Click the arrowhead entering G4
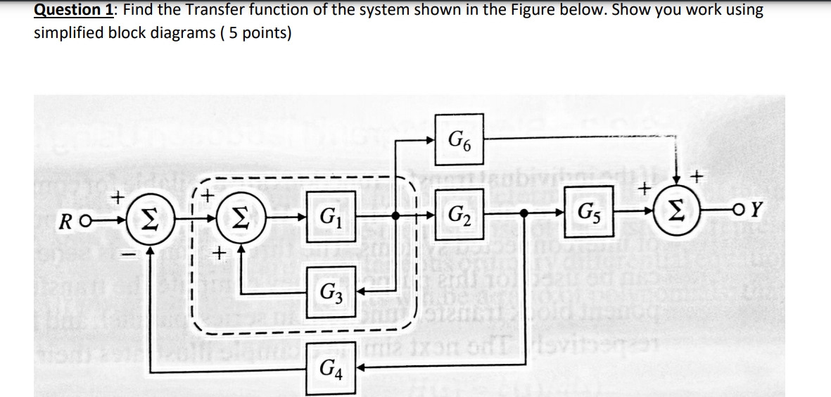pyautogui.click(x=360, y=367)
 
